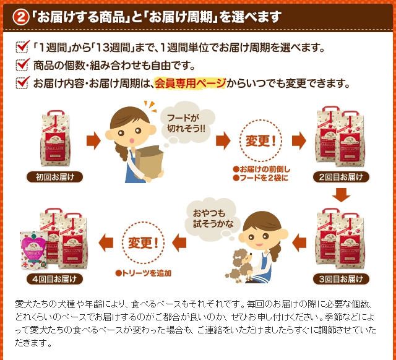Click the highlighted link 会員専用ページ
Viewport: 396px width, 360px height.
pos(190,84)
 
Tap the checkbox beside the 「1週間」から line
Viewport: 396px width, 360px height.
pos(23,48)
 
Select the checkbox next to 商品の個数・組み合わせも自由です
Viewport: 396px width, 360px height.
pos(23,65)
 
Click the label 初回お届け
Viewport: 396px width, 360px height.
pos(54,177)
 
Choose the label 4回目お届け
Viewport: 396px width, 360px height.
pos(54,279)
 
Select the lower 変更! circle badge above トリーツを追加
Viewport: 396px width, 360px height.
pos(143,242)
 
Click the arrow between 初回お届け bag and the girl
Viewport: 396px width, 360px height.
pos(93,140)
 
